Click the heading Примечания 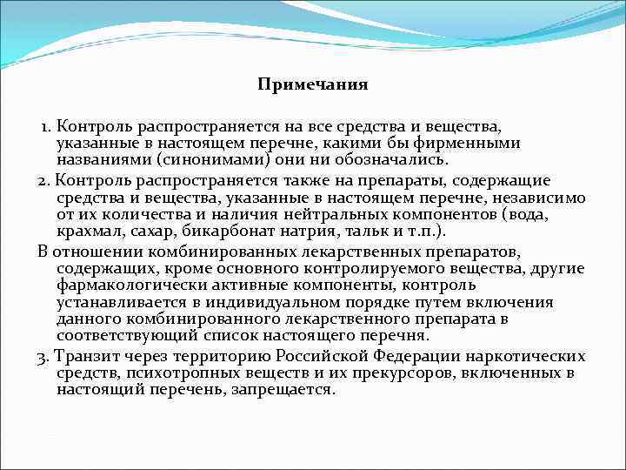[313, 84]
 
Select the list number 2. [43, 179]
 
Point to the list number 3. [43, 356]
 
